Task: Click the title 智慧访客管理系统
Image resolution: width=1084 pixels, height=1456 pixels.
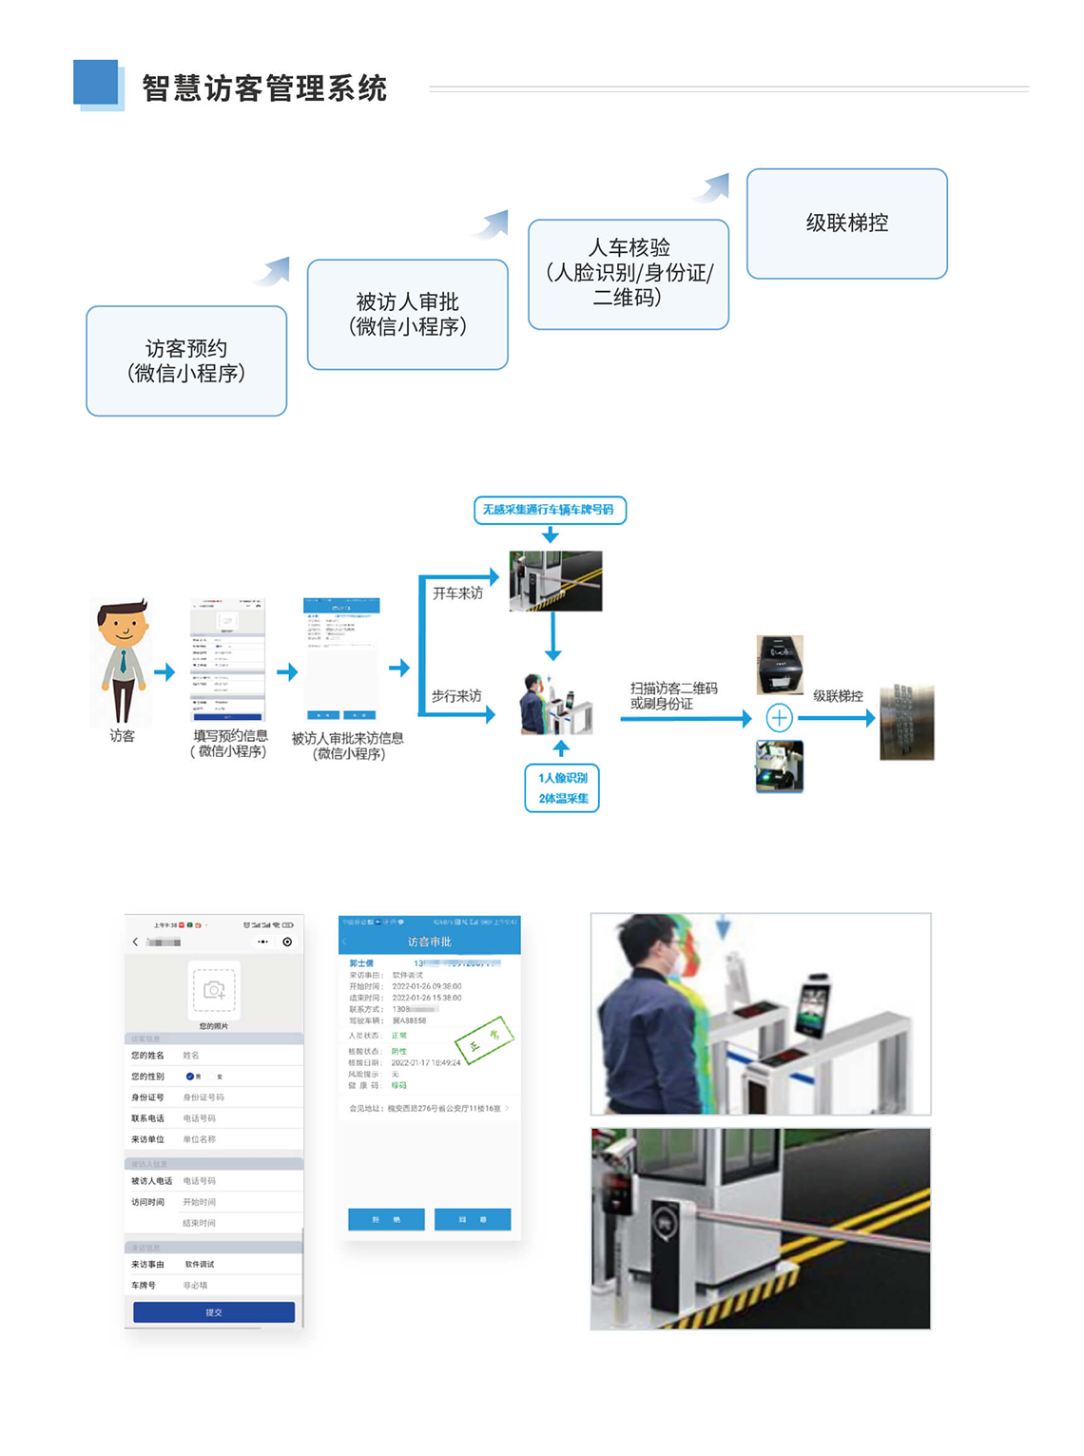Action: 264,88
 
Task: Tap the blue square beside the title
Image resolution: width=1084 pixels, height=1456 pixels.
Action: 97,83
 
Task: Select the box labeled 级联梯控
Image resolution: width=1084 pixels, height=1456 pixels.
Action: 846,223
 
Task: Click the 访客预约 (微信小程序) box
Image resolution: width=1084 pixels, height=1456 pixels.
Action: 186,360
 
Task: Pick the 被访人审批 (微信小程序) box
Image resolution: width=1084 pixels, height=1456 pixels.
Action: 407,314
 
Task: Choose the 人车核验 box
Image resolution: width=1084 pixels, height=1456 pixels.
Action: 628,274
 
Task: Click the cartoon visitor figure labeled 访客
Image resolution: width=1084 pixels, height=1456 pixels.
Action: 123,661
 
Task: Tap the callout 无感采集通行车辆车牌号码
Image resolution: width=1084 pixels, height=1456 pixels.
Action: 550,510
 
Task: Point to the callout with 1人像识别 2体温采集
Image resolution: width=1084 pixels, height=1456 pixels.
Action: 562,787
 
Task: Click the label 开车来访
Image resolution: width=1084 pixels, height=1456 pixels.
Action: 457,593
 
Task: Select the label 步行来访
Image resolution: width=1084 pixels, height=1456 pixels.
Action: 456,696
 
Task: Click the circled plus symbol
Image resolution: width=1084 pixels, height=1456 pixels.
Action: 779,717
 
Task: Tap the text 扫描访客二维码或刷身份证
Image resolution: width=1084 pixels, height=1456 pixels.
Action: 673,695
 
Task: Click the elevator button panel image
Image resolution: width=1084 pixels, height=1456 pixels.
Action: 906,722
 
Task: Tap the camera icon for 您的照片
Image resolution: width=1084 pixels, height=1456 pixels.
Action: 214,990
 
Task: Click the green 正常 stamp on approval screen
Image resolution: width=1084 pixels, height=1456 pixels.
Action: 485,1039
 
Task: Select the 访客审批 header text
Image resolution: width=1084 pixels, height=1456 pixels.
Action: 429,942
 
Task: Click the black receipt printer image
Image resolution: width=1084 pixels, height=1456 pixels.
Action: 780,664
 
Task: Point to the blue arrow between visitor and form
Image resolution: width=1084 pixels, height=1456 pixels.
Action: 165,671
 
